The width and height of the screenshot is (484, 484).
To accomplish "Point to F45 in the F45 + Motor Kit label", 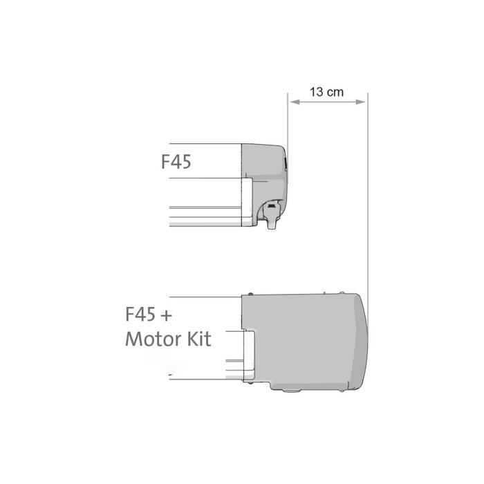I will [139, 315].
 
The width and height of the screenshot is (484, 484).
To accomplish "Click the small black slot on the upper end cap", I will [285, 163].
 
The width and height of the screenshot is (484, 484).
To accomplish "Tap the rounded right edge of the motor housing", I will [365, 339].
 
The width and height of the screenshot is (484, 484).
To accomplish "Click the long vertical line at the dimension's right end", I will [368, 207].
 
